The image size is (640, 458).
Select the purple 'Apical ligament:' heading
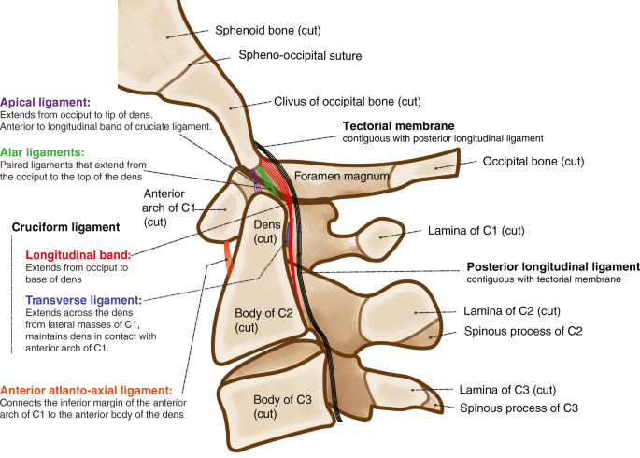pyautogui.click(x=46, y=101)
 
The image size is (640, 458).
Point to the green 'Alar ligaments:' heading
pyautogui.click(x=42, y=151)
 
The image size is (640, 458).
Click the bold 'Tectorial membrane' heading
pyautogui.click(x=399, y=126)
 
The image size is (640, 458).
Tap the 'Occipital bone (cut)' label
pyautogui.click(x=533, y=162)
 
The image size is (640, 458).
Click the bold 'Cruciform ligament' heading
pyautogui.click(x=65, y=226)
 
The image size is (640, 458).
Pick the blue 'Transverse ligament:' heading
pyautogui.click(x=83, y=300)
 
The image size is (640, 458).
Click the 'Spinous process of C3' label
pyautogui.click(x=519, y=408)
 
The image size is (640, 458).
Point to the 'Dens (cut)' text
pyautogui.click(x=267, y=233)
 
